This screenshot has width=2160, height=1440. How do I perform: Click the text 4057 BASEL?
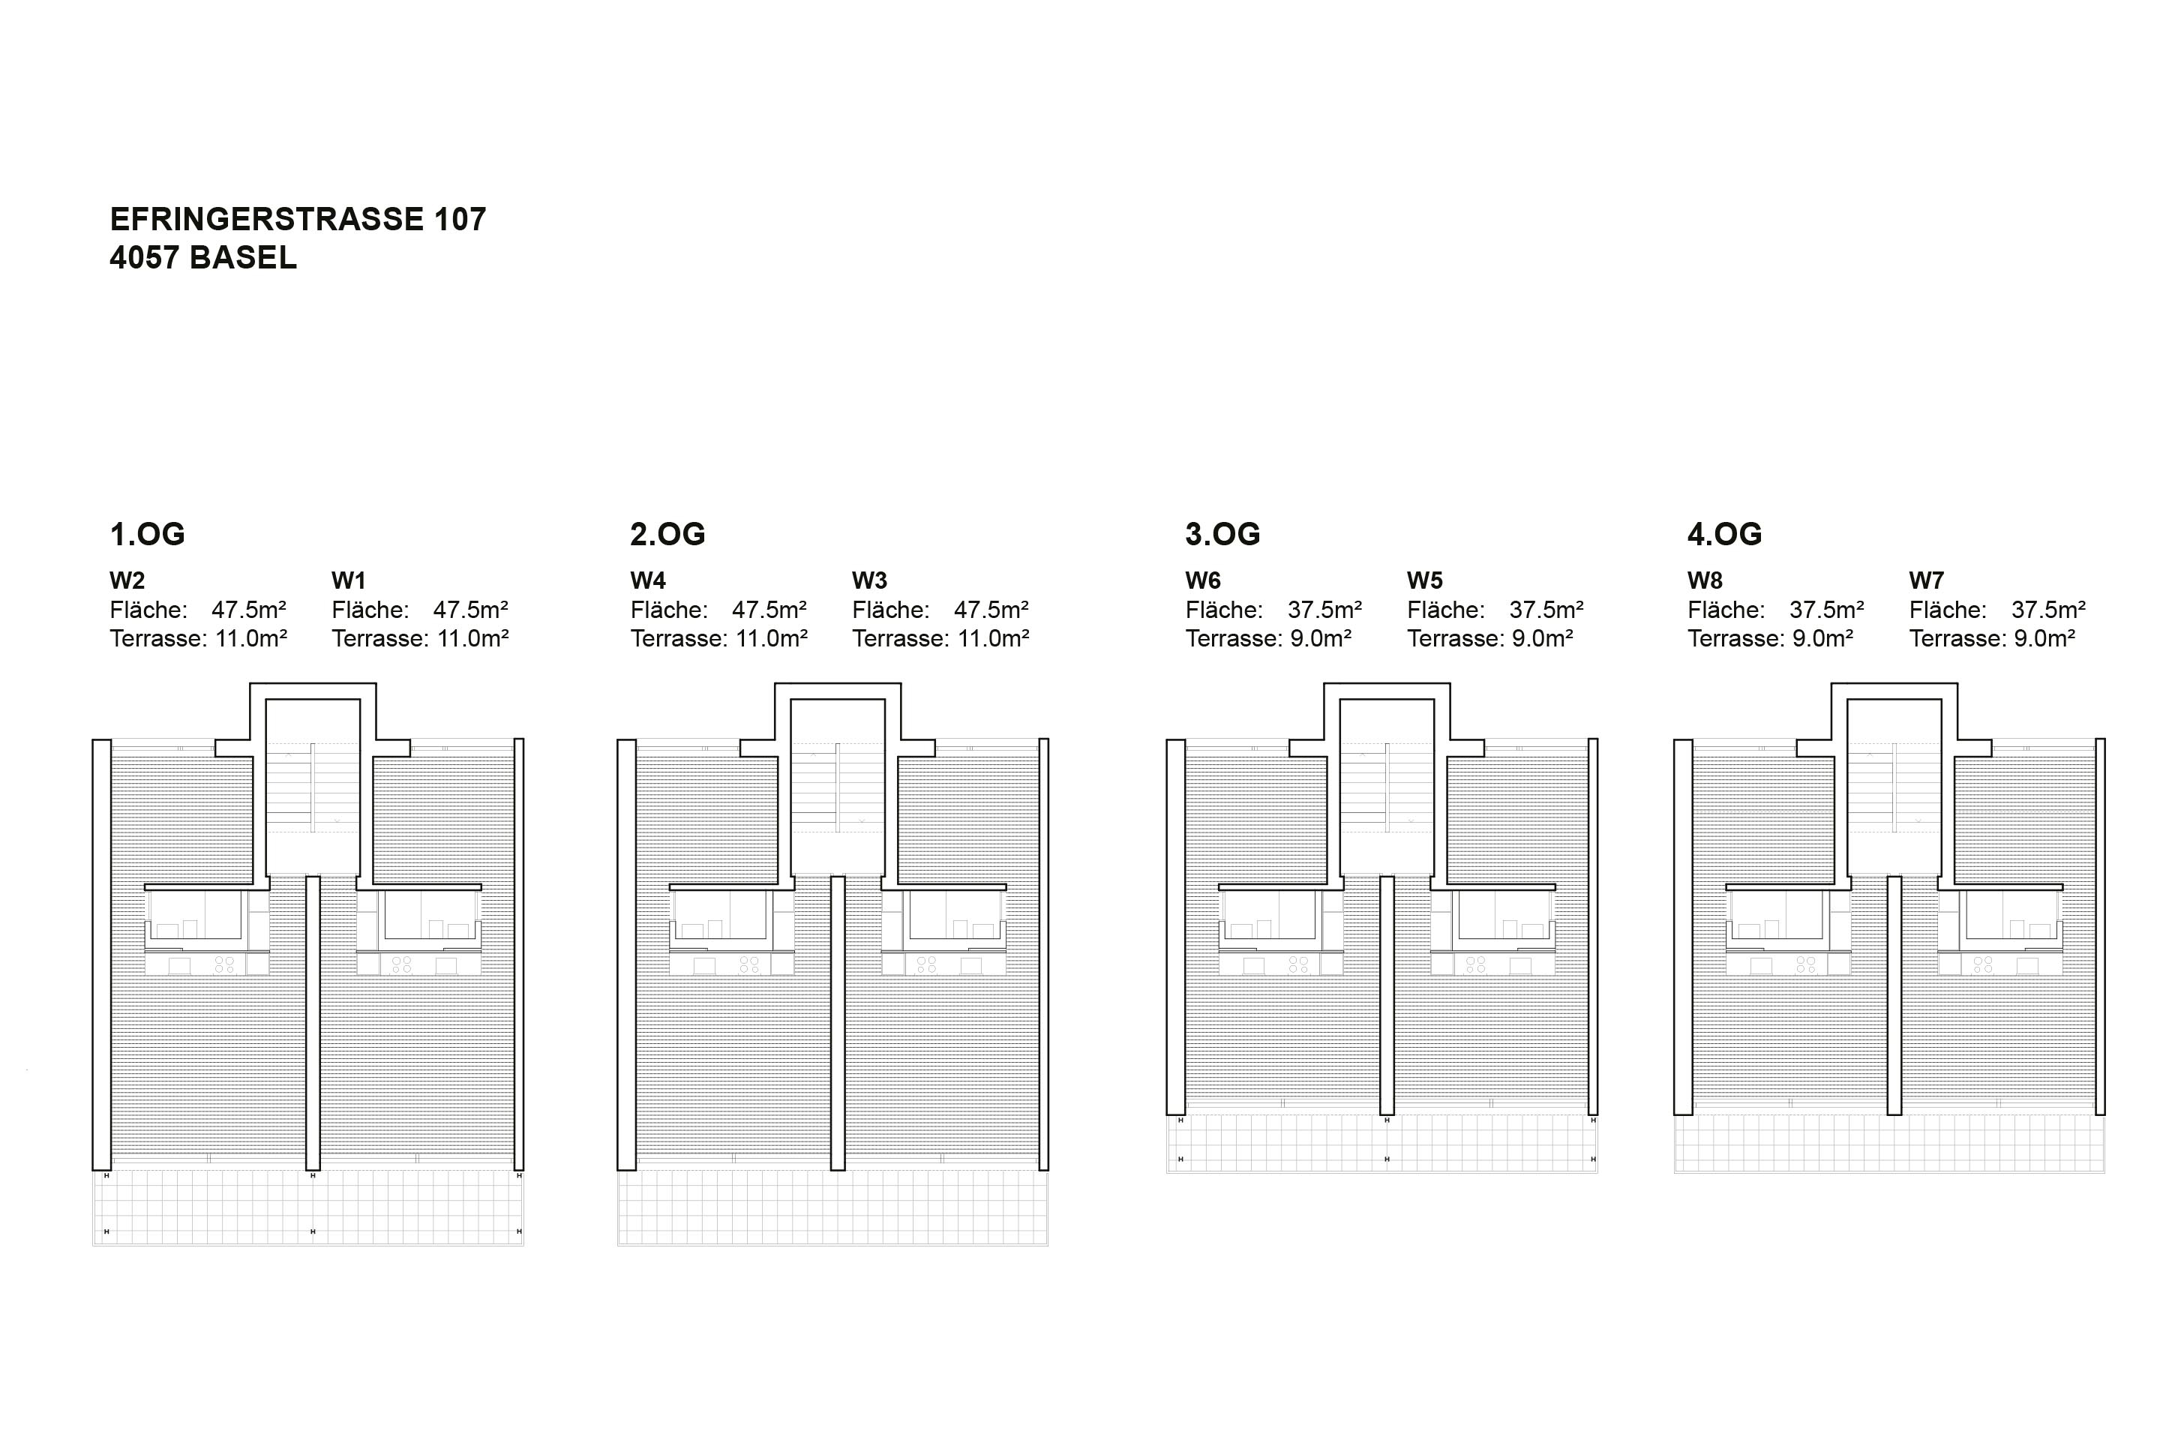[x=203, y=258]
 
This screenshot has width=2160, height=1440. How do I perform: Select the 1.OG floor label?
[x=147, y=533]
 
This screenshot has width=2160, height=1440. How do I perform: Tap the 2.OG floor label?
[x=667, y=533]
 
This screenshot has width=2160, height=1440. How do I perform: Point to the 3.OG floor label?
[x=1222, y=533]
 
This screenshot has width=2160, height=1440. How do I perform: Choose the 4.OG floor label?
[x=1725, y=533]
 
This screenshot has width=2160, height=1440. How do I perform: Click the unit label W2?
[x=127, y=580]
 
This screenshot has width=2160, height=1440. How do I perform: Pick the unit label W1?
[x=349, y=580]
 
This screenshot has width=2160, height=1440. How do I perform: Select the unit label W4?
[x=648, y=580]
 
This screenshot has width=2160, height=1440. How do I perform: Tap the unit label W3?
[x=870, y=580]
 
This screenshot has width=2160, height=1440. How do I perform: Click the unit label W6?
[x=1203, y=580]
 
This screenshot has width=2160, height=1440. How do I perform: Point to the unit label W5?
[x=1424, y=580]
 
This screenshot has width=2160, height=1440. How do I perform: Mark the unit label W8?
[x=1705, y=580]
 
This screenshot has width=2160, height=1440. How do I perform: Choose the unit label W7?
[x=1927, y=580]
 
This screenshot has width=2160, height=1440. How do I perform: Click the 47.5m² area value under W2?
[x=249, y=610]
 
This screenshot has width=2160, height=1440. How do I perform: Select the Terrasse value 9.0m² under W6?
[x=1321, y=638]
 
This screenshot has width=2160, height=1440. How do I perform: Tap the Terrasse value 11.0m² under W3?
[x=993, y=638]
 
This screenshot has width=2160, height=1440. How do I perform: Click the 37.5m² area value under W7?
[x=2048, y=610]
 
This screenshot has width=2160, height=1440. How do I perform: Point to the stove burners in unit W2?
[x=224, y=965]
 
